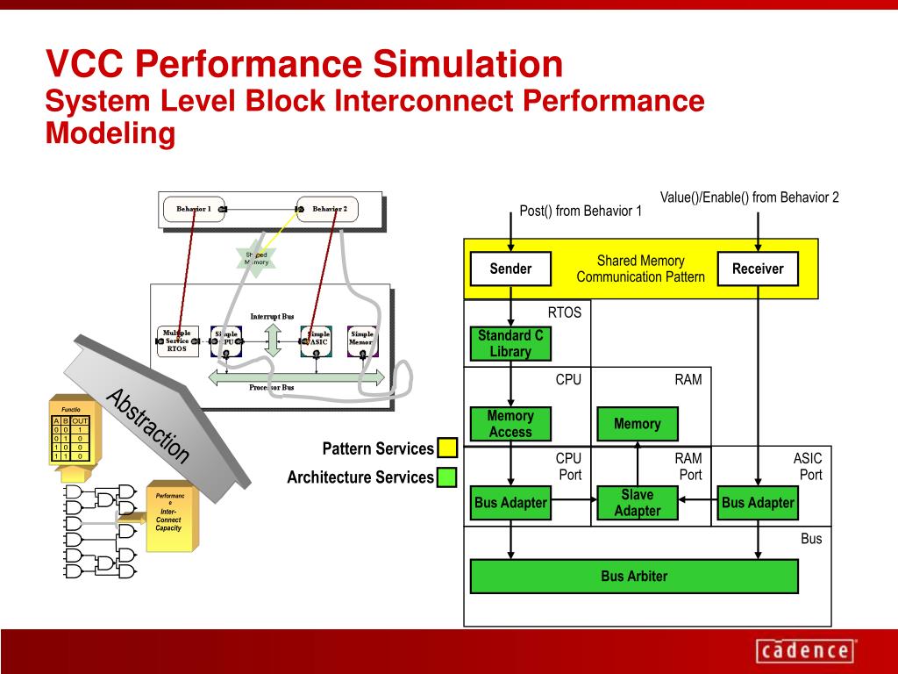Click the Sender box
point(510,269)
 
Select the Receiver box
point(758,269)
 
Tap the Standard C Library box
point(510,343)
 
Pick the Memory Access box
point(510,424)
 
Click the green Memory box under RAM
point(638,424)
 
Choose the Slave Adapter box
point(638,503)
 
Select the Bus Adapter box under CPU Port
point(510,503)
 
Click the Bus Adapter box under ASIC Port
point(758,503)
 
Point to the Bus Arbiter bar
point(634,577)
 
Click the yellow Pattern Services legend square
point(447,448)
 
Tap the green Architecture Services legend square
point(447,477)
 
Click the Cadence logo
point(804,651)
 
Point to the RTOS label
point(565,312)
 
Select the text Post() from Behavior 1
point(581,211)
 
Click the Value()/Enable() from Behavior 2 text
point(750,197)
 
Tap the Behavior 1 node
point(194,209)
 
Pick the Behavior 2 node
point(330,209)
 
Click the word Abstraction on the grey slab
point(147,425)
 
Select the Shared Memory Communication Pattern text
point(640,269)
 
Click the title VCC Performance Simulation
point(304,63)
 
